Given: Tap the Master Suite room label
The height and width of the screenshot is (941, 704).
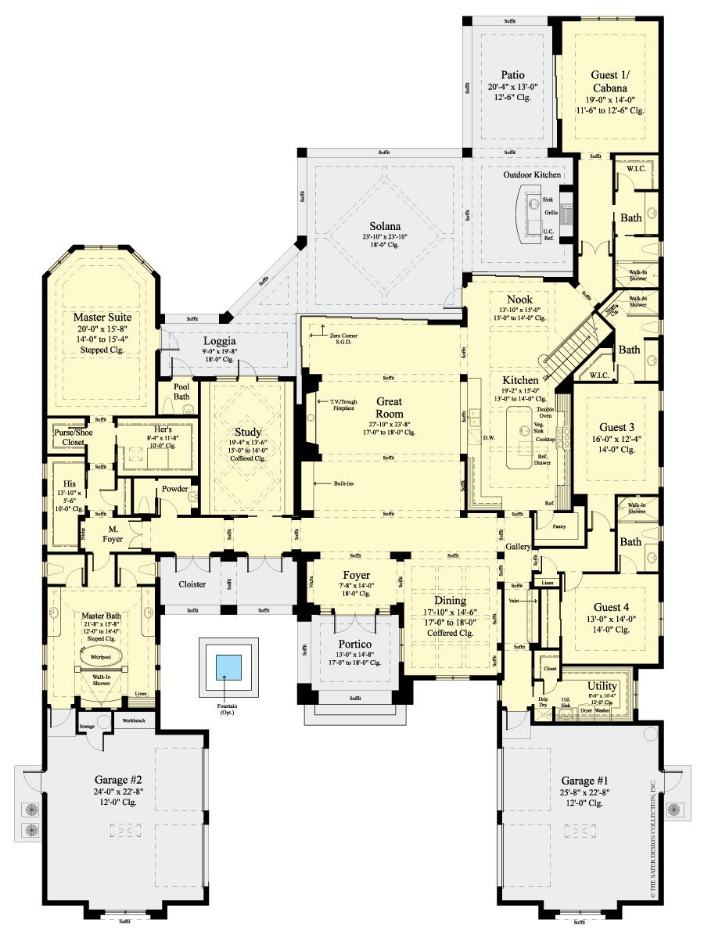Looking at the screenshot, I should [x=102, y=317].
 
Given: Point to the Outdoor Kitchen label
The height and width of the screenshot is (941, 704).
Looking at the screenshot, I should [x=531, y=174].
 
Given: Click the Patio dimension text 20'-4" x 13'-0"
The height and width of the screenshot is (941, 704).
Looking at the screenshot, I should [x=509, y=86].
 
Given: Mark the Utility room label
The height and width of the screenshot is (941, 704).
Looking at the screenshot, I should [x=602, y=684].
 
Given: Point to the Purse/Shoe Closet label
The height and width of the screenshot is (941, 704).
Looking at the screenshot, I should [x=69, y=436].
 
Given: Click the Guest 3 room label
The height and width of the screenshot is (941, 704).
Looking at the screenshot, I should [x=617, y=427].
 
